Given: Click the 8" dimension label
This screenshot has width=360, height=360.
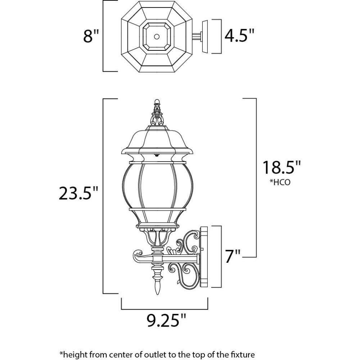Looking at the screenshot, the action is click(91, 36).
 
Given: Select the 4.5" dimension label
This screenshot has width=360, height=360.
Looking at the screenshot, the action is click(239, 36).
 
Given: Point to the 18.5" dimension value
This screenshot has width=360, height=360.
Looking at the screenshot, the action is click(282, 167).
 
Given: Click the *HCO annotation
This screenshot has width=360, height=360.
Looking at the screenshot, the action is click(280, 182).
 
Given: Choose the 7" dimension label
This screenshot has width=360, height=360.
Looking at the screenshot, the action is click(233, 256).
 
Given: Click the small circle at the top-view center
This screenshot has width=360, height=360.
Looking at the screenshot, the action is click(157, 36).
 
